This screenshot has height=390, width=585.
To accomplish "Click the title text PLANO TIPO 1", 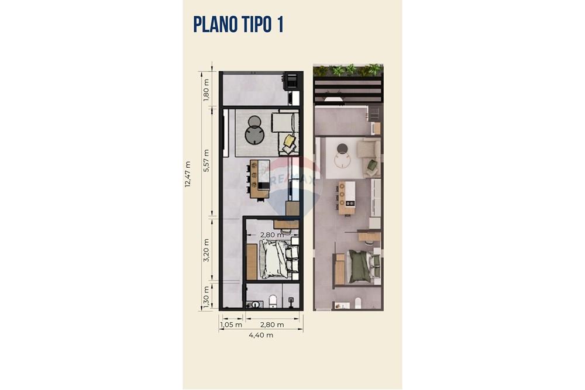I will pyautogui.click(x=238, y=25).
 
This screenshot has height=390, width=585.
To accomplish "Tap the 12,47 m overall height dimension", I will pyautogui.click(x=188, y=175).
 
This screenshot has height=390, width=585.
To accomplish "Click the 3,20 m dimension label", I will pyautogui.click(x=206, y=250).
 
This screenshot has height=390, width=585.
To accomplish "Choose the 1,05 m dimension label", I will pyautogui.click(x=232, y=325).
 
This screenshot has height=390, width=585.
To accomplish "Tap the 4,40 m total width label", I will pyautogui.click(x=260, y=335).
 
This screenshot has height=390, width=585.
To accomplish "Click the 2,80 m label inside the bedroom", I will pyautogui.click(x=271, y=235).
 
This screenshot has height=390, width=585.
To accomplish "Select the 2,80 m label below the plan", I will pyautogui.click(x=272, y=325).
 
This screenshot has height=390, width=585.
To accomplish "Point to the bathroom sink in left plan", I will pyautogui.click(x=256, y=304).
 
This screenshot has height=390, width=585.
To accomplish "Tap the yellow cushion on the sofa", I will pyautogui.click(x=290, y=140).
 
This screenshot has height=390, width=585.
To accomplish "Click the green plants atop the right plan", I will pyautogui.click(x=348, y=71).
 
